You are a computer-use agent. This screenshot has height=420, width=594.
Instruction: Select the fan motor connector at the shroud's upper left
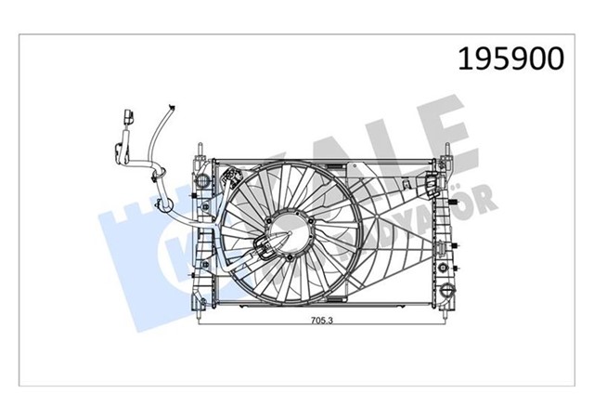[230, 177]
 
